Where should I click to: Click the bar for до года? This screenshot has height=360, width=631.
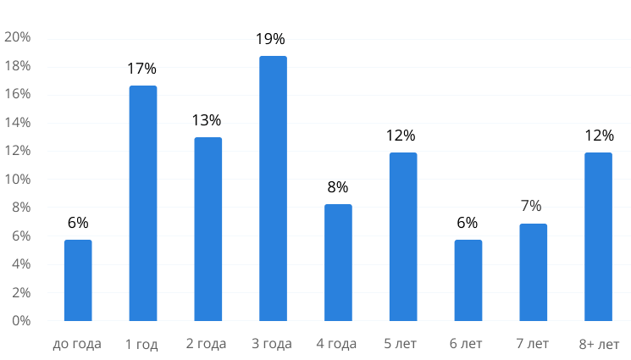(x=78, y=280)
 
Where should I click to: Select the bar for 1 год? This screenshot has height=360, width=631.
(x=143, y=203)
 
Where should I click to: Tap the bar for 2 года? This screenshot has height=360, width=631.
(x=208, y=229)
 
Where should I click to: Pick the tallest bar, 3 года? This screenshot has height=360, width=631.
(x=273, y=188)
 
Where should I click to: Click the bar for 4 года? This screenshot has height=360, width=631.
(x=338, y=263)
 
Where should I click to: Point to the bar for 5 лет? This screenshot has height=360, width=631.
(x=403, y=236)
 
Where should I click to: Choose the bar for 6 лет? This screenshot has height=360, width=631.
(x=468, y=280)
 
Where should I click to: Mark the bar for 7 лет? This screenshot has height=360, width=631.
(x=533, y=272)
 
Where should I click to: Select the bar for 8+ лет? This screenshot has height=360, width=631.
(x=598, y=236)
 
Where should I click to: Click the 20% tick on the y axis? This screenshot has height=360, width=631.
(x=18, y=38)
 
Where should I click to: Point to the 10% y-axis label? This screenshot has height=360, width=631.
(x=18, y=180)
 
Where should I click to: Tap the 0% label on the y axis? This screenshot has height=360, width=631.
(x=21, y=321)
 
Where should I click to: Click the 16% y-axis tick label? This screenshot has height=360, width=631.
(x=18, y=95)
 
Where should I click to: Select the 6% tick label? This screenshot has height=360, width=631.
(x=21, y=236)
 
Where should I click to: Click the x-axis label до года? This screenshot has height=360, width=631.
(x=77, y=344)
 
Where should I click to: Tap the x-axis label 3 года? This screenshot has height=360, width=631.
(x=272, y=344)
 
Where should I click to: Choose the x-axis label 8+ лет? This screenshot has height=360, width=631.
(x=599, y=344)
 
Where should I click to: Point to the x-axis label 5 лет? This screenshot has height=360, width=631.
(x=402, y=344)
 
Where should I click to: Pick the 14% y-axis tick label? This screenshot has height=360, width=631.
(x=18, y=123)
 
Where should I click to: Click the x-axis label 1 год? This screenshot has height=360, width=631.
(x=142, y=344)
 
